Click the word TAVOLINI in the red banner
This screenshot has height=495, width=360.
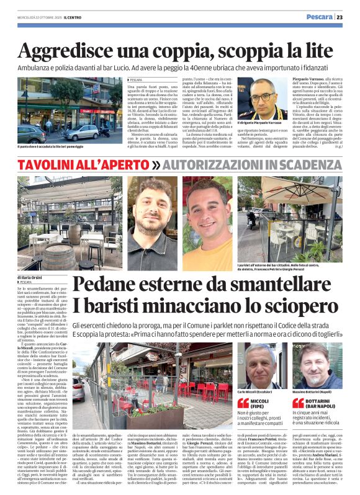tap(52, 165)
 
